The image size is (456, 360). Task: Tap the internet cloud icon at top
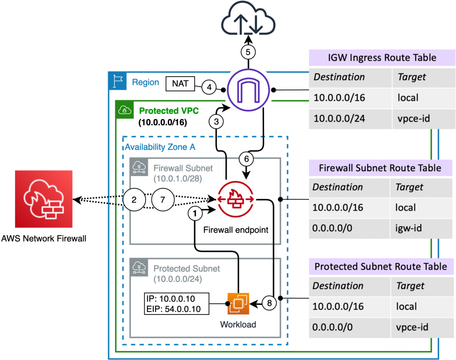point(248,20)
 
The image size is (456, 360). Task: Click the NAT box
point(179,84)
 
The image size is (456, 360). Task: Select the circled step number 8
point(269,303)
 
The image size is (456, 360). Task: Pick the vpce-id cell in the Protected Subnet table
point(412,327)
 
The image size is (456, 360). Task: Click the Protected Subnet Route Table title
point(380,266)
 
